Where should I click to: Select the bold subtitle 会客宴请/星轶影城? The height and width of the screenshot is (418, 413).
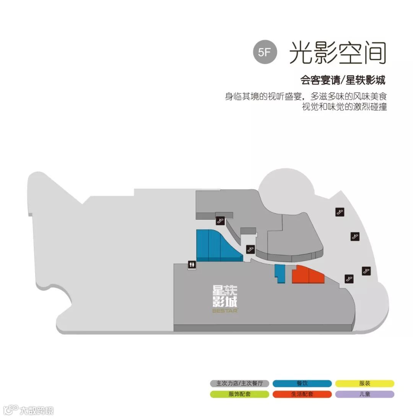pyautogui.click(x=343, y=80)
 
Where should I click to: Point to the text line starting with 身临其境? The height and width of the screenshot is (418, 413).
pyautogui.click(x=308, y=96)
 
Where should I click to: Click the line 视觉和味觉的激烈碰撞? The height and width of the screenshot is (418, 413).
pyautogui.click(x=344, y=107)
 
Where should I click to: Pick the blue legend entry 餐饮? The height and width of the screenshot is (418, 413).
pyautogui.click(x=302, y=383)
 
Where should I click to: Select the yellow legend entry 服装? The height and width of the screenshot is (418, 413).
pyautogui.click(x=365, y=383)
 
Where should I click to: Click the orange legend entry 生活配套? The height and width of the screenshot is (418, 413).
pyautogui.click(x=302, y=394)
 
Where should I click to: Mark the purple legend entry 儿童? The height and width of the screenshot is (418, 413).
pyautogui.click(x=365, y=394)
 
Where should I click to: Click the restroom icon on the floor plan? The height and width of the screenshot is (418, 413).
pyautogui.click(x=192, y=265)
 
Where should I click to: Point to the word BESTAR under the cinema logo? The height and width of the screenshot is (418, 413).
pyautogui.click(x=225, y=311)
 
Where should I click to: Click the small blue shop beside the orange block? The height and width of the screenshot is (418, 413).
pyautogui.click(x=280, y=273)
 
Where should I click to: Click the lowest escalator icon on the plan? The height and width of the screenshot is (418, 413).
pyautogui.click(x=348, y=278)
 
